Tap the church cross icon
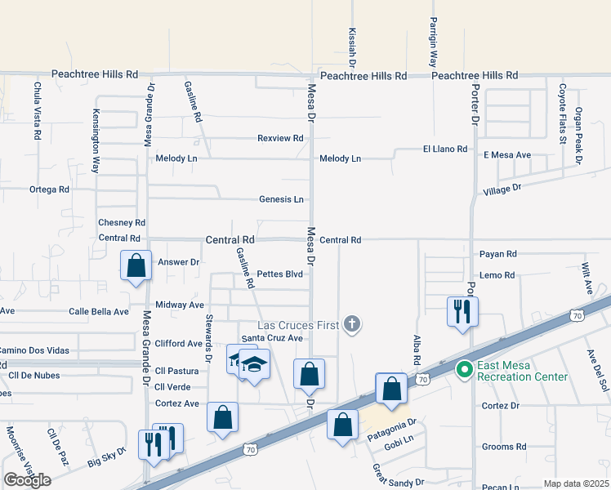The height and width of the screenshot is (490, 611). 352,325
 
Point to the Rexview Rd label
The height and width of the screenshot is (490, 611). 280,138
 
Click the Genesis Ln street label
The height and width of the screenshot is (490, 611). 281,199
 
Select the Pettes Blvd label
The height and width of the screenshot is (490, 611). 280,274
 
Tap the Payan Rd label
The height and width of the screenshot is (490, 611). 498,254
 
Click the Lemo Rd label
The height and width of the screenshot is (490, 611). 497,275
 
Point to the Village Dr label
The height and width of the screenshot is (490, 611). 502,189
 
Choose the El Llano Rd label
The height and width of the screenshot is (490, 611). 444,149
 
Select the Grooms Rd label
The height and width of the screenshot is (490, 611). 504,447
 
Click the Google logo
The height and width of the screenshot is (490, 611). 27,480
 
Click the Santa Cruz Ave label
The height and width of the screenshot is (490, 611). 272,338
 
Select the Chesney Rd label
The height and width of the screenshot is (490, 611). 121,222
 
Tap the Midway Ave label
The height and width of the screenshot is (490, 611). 179,305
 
